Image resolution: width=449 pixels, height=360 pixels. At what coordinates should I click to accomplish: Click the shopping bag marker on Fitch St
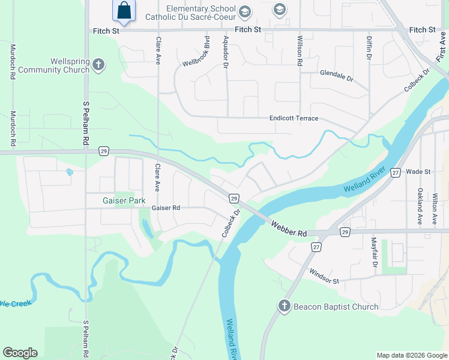pyautogui.click(x=124, y=11)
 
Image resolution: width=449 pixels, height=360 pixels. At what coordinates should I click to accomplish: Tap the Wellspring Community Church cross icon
pyautogui.click(x=99, y=64)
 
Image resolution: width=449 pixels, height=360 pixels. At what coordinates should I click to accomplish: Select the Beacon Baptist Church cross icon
pyautogui.click(x=285, y=306)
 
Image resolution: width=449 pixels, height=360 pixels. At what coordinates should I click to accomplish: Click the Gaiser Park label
pyautogui.click(x=124, y=200)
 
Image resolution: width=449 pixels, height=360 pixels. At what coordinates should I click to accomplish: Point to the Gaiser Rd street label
pyautogui.click(x=166, y=208)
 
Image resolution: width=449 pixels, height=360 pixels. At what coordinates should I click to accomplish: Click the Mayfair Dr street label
pyautogui.click(x=373, y=253)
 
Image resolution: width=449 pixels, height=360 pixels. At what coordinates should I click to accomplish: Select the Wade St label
pyautogui.click(x=418, y=172)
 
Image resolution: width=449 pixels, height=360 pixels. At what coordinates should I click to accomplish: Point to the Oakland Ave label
pyautogui.click(x=420, y=206)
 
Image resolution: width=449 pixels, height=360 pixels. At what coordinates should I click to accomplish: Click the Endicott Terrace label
pyautogui.click(x=294, y=119)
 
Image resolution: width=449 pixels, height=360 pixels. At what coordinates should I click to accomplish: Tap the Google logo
pyautogui.click(x=20, y=353)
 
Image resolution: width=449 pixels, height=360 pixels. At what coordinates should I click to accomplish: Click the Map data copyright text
pyautogui.click(x=411, y=355)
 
